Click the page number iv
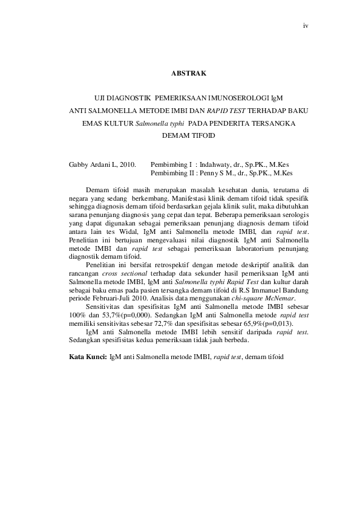click(x=306, y=25)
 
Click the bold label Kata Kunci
click(x=88, y=357)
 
